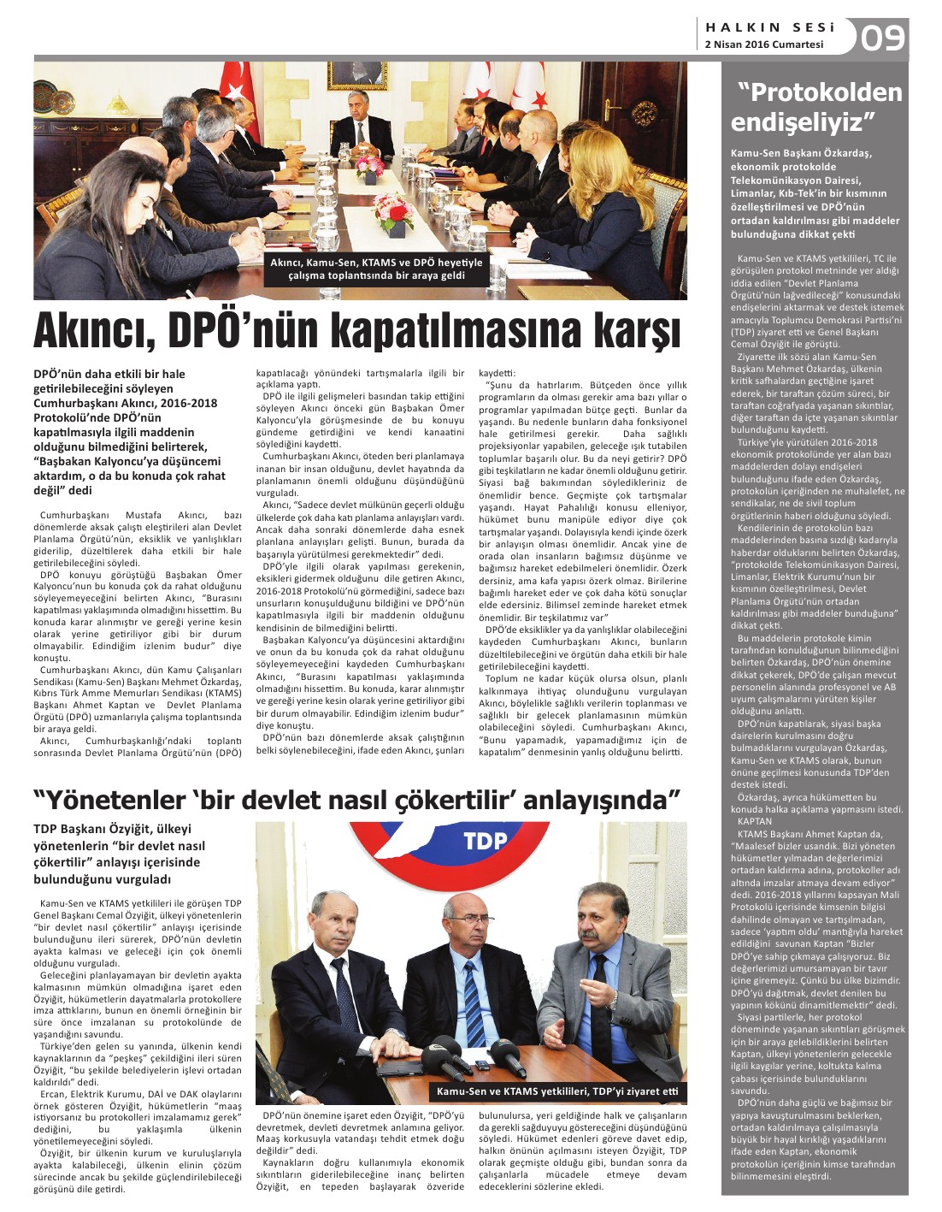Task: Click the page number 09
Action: pos(882,38)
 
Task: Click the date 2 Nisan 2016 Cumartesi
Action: pos(763,44)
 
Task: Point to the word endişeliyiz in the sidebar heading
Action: pos(804,121)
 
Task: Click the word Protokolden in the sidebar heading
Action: pos(819,92)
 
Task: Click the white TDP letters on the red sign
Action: pos(486,841)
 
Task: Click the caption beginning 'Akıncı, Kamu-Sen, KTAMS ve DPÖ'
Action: pos(376,269)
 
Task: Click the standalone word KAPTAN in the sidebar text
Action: pos(754,821)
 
